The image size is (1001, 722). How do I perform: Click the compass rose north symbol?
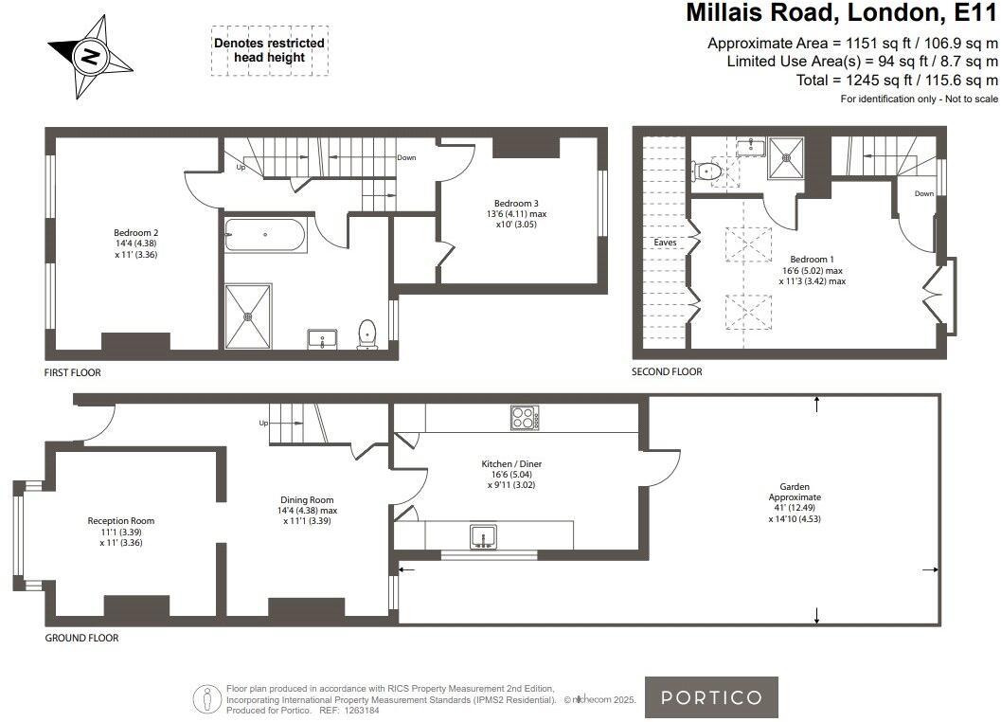pos(90,56)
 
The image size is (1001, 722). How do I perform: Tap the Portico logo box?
pos(711,697)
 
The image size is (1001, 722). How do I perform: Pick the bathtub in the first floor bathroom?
pos(265,235)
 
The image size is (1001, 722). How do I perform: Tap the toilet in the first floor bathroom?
pos(367,334)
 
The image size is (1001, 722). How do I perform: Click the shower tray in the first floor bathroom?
pos(248,316)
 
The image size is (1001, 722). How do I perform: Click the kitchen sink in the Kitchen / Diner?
pos(483,536)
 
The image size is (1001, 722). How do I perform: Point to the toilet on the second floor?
pos(706,171)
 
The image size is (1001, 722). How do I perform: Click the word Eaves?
pos(665,243)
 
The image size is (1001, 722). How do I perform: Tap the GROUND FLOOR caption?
pos(81,638)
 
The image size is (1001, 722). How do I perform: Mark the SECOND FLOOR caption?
pos(667,371)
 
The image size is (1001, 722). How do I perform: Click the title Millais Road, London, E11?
pos(841,12)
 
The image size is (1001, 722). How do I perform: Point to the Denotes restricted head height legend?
pos(269,50)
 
